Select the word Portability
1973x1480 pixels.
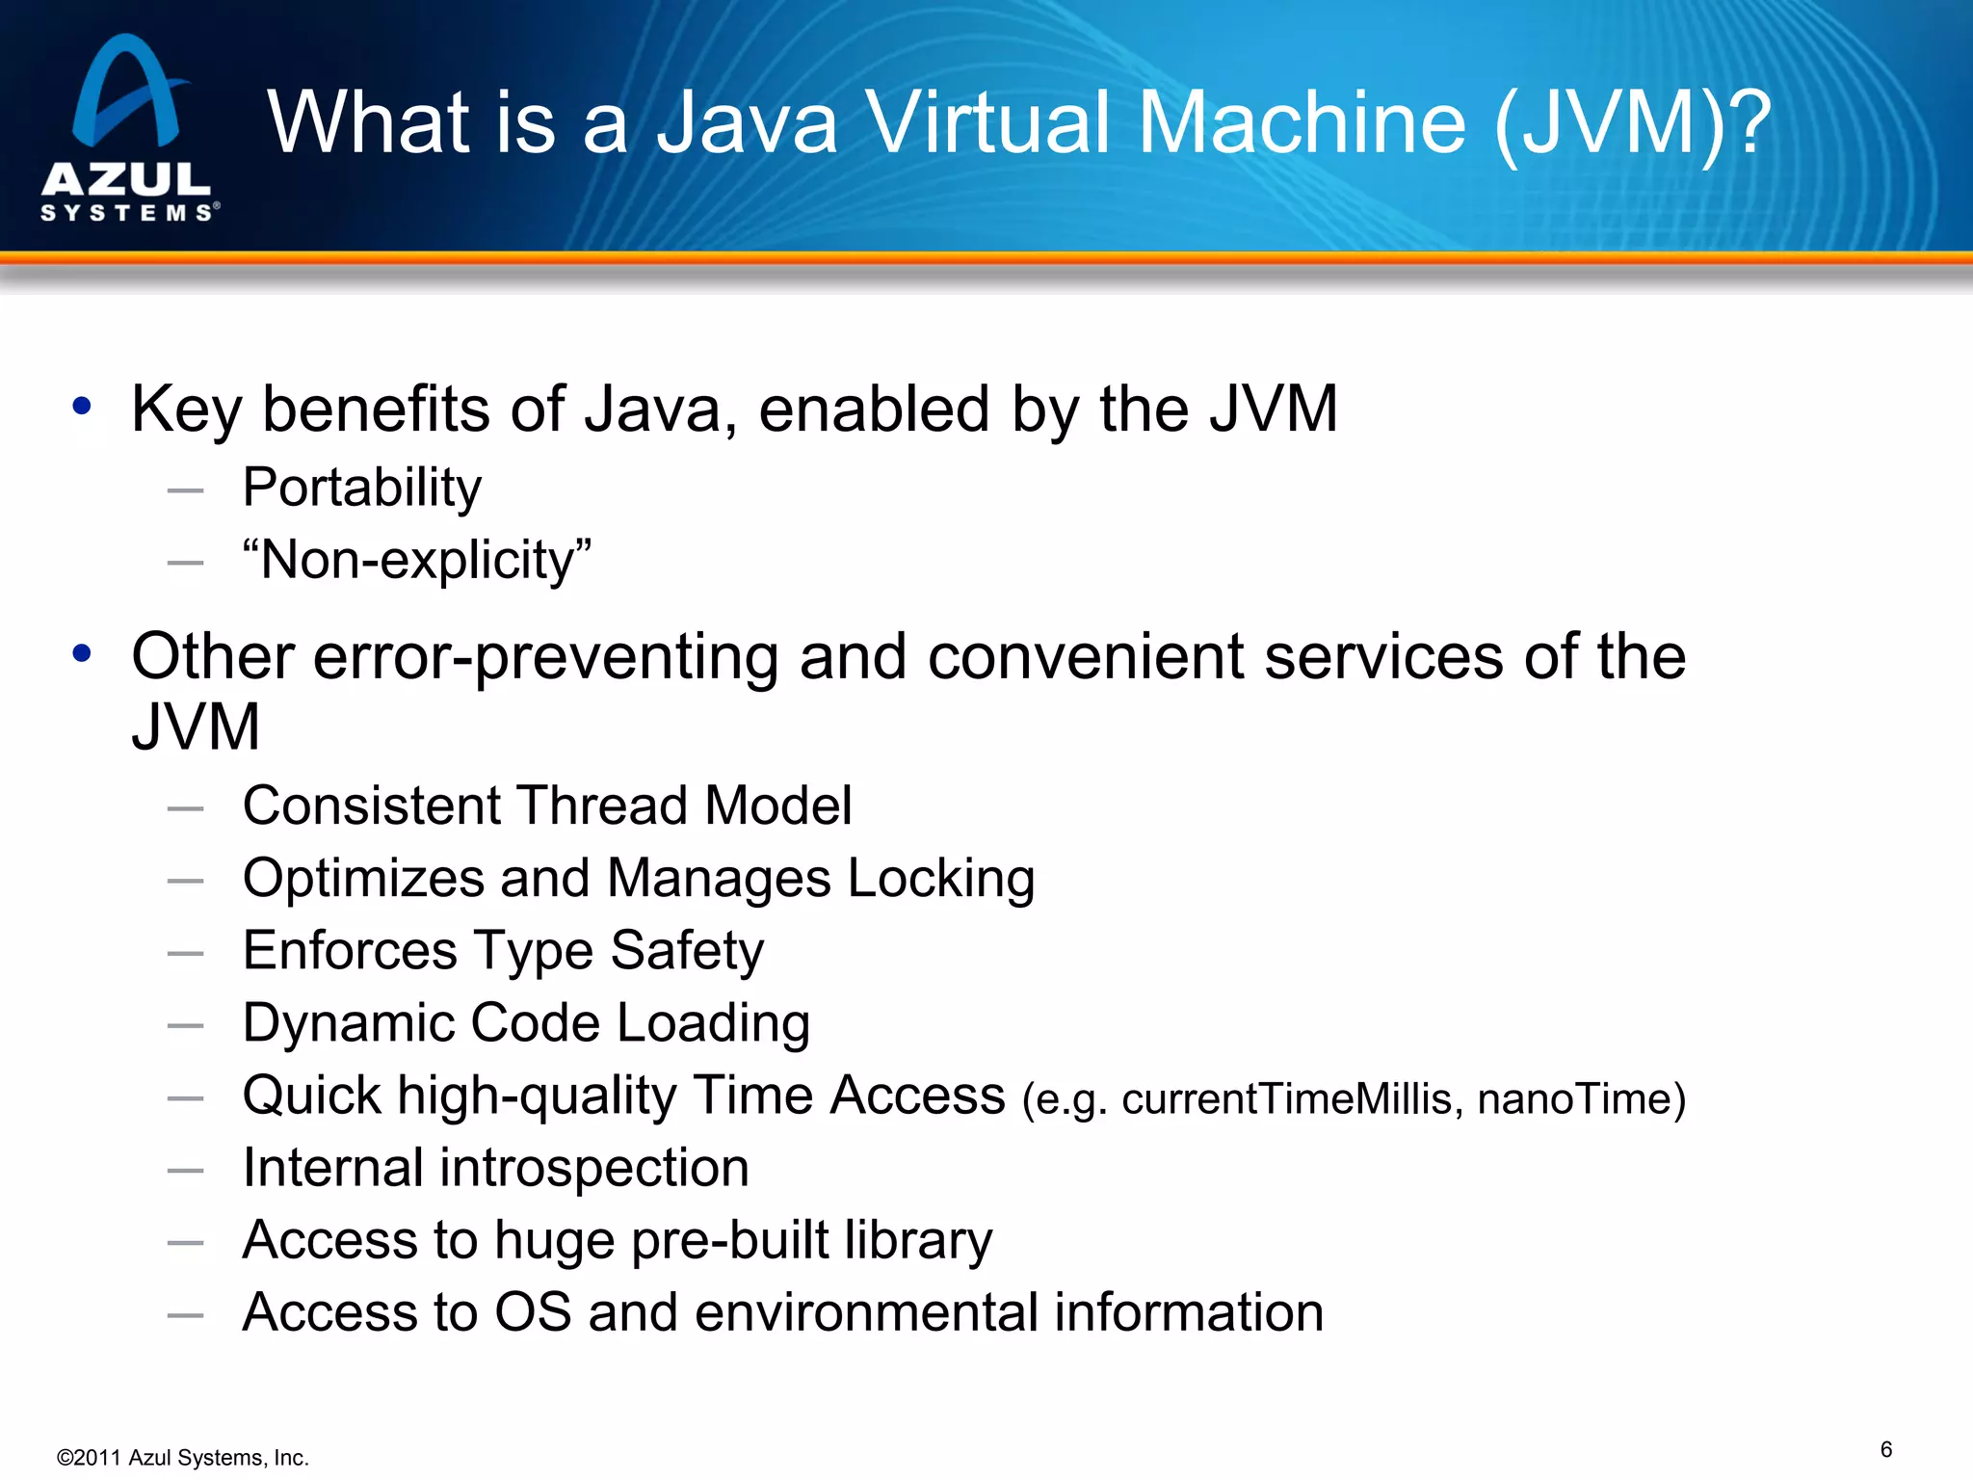click(x=361, y=488)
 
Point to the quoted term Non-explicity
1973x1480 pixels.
click(x=417, y=560)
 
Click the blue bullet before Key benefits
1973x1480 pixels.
click(x=82, y=407)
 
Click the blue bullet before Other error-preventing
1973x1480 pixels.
click(x=82, y=654)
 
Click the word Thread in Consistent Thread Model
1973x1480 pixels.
click(x=601, y=806)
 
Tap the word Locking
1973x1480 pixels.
click(x=941, y=879)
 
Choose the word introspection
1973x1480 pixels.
click(x=594, y=1168)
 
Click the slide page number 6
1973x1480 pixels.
click(x=1886, y=1450)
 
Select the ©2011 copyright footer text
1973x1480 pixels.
click(x=183, y=1458)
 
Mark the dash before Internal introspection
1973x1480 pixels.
click(x=185, y=1171)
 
